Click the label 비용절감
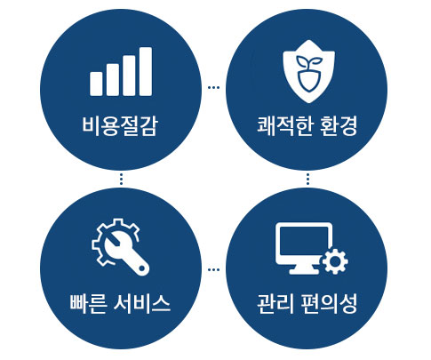coord(120,125)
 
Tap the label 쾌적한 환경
coord(307,125)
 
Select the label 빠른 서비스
coord(120,303)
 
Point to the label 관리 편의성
coord(307,303)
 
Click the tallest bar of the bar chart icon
coord(146,71)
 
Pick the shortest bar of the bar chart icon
coord(96,84)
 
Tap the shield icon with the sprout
coord(309,71)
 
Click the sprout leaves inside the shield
coord(309,62)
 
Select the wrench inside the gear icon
coord(126,255)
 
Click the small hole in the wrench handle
coord(142,268)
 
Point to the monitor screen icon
coord(304,244)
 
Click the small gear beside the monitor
coord(335,261)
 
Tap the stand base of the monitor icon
coord(304,271)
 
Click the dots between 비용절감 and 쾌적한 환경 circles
coord(213,87)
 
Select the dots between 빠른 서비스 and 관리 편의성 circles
coord(213,269)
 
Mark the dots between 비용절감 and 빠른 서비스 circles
coord(121,179)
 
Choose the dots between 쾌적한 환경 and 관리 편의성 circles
coord(307,179)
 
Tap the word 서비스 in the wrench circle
coord(142,303)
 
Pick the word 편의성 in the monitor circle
coord(329,303)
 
